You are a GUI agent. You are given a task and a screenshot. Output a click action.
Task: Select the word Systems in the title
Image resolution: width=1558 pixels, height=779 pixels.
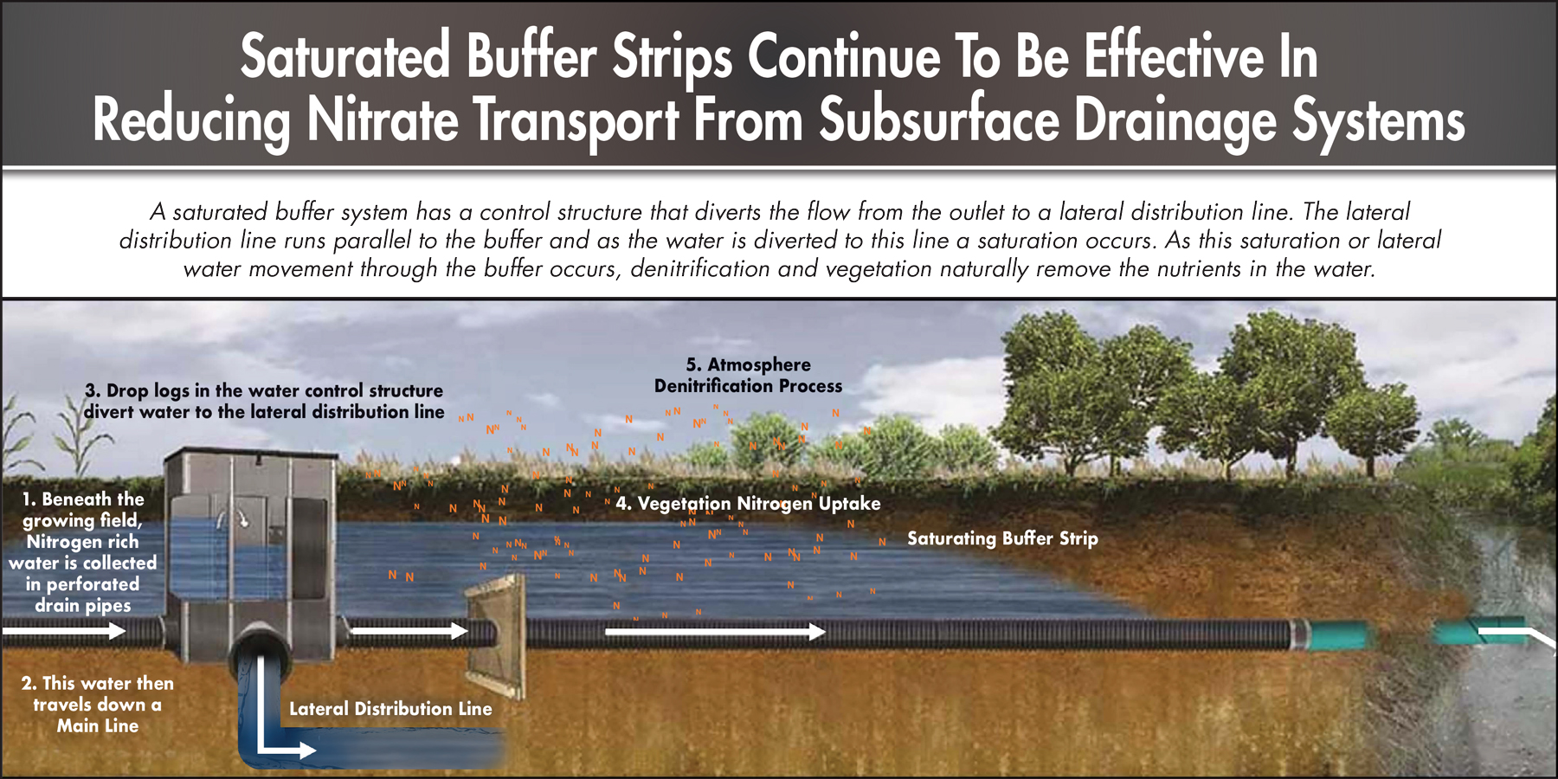pyautogui.click(x=1378, y=121)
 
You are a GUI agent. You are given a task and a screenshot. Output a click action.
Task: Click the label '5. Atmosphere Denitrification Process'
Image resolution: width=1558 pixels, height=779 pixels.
pyautogui.click(x=748, y=376)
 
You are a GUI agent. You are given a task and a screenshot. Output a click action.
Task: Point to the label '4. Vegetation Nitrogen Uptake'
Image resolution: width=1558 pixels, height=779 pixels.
pyautogui.click(x=748, y=504)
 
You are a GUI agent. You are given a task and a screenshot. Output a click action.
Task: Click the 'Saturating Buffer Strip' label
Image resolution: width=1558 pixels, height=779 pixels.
pyautogui.click(x=1002, y=538)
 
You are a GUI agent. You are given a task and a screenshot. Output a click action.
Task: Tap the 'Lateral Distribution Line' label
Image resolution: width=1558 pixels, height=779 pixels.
pyautogui.click(x=390, y=709)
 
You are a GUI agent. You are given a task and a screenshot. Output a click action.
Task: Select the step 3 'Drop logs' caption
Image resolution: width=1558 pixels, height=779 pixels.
pyautogui.click(x=264, y=402)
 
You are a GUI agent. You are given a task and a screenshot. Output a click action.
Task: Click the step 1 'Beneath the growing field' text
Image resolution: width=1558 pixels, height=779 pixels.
pyautogui.click(x=83, y=552)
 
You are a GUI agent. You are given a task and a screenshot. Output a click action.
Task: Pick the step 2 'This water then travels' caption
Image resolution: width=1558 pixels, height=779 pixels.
pyautogui.click(x=98, y=705)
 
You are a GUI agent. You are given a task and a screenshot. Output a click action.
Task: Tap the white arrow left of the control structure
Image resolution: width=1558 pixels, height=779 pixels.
pyautogui.click(x=64, y=631)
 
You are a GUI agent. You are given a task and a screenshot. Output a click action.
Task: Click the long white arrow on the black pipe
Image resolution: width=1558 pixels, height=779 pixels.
pyautogui.click(x=716, y=632)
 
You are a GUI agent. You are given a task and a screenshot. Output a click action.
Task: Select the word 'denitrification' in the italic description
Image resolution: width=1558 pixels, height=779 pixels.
pyautogui.click(x=699, y=269)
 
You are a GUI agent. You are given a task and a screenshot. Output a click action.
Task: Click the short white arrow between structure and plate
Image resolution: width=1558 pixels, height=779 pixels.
pyautogui.click(x=410, y=631)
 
